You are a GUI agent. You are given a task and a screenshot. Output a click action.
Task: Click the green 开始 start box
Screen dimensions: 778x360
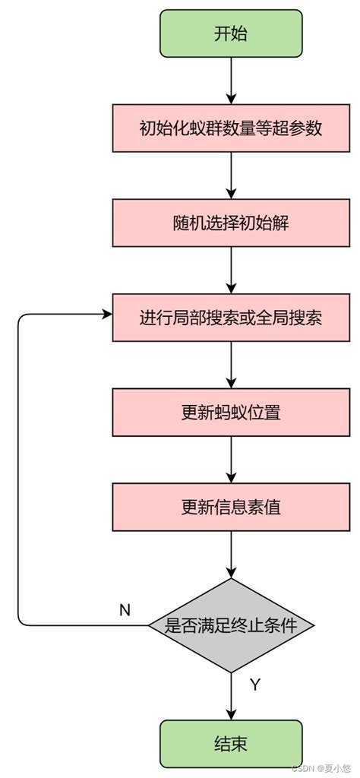(231, 34)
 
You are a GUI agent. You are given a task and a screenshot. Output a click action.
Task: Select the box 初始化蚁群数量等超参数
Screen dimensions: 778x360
(231, 128)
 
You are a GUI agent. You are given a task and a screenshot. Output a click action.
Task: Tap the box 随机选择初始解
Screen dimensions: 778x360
(231, 223)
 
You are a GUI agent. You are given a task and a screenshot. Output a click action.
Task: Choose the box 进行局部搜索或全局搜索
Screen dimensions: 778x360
(231, 317)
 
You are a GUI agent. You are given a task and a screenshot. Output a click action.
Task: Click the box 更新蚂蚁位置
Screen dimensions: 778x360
(231, 413)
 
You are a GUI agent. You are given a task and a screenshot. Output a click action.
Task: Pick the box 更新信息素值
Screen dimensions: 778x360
(231, 507)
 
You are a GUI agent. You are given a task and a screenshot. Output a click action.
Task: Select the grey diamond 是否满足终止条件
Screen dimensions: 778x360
(231, 625)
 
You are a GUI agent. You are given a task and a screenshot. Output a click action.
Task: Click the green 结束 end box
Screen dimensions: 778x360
(231, 743)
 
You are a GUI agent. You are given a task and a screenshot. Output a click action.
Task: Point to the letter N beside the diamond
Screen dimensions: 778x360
(125, 610)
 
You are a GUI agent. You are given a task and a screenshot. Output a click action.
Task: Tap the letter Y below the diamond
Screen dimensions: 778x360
(255, 685)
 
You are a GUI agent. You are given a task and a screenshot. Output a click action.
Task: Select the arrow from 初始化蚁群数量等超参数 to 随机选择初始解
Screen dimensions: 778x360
(231, 176)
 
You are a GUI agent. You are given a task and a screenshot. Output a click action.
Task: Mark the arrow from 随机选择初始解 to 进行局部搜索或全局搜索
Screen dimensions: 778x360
(231, 270)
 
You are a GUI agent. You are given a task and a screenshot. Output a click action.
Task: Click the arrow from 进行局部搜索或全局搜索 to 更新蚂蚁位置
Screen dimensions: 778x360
(231, 365)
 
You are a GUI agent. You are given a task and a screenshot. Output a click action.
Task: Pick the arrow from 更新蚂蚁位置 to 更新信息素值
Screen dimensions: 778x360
(231, 460)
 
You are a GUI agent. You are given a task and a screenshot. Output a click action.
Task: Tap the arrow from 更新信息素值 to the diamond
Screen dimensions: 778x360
(231, 555)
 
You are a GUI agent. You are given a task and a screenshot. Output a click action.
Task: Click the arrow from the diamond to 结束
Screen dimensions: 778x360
(231, 695)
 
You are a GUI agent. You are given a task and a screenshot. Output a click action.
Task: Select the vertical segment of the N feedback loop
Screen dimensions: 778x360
(17, 471)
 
